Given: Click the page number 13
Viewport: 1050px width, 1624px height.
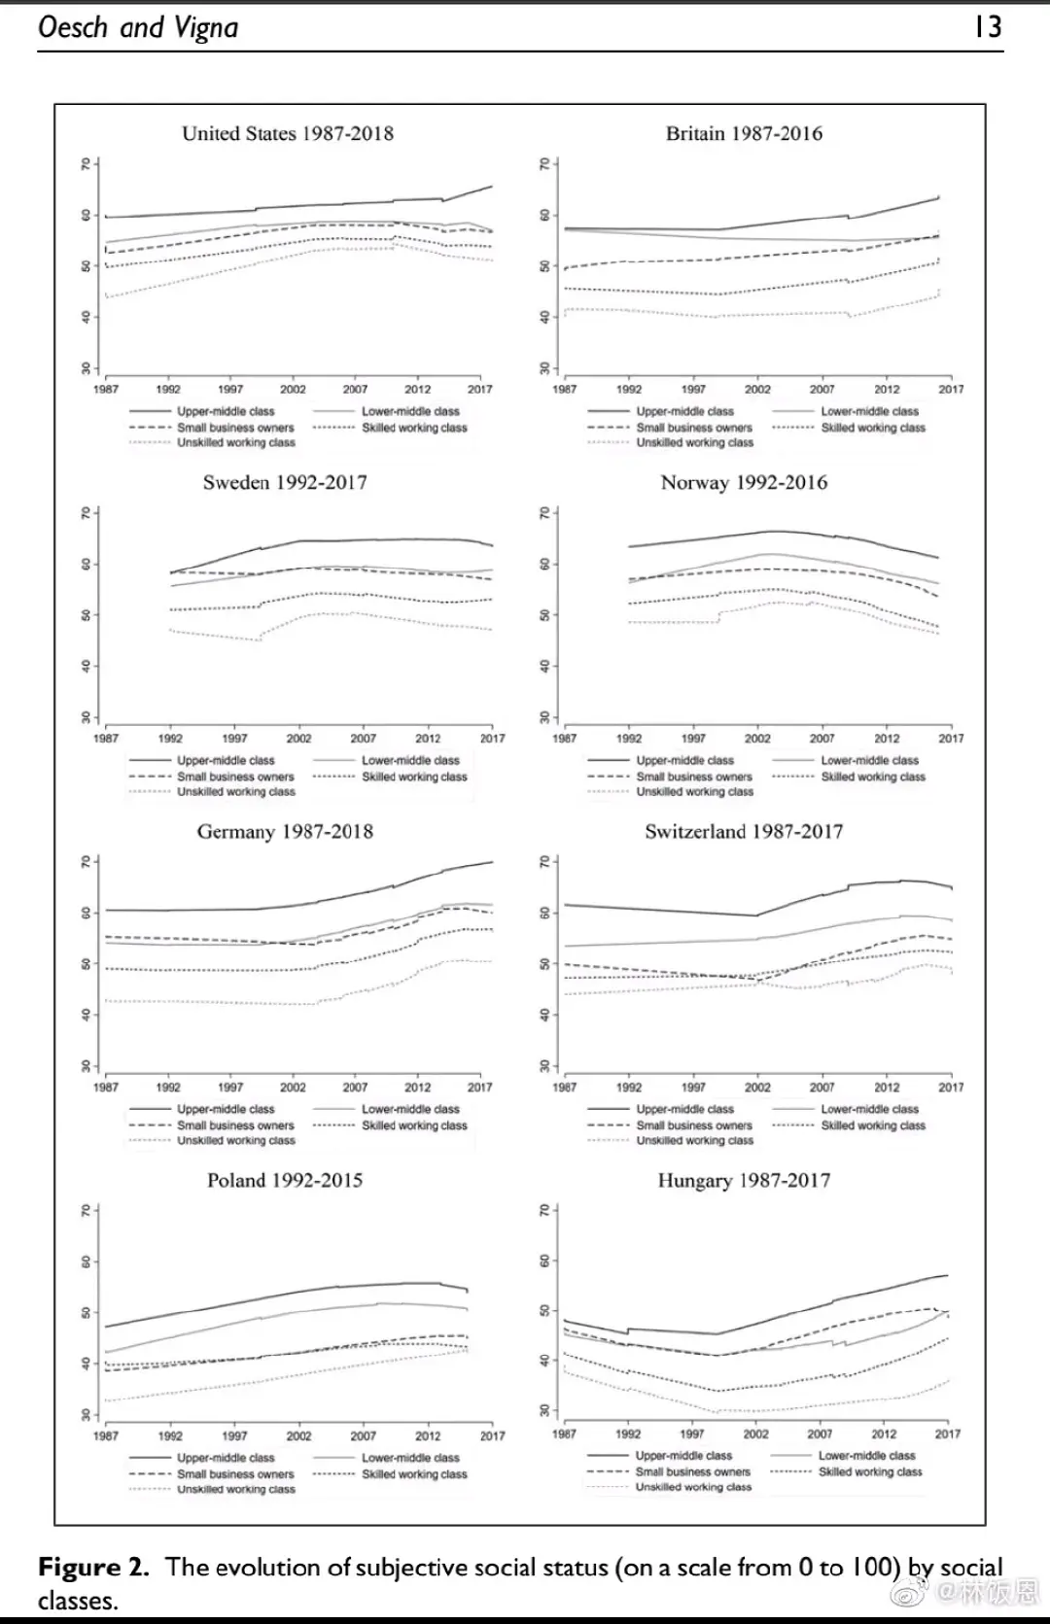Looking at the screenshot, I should click(988, 26).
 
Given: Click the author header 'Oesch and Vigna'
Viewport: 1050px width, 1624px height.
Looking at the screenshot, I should click(138, 27).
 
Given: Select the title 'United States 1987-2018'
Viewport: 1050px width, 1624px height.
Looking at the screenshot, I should click(288, 134).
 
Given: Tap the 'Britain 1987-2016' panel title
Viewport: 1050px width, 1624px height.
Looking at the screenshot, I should click(744, 134).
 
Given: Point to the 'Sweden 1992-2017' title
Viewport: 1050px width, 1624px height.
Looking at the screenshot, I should click(285, 483).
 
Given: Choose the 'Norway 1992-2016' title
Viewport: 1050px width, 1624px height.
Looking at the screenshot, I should click(744, 483).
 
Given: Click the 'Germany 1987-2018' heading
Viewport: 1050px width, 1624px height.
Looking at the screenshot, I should click(285, 832).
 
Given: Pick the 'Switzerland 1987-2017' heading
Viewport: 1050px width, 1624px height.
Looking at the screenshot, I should click(744, 832).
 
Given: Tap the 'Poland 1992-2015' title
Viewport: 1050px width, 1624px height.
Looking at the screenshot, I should click(285, 1181).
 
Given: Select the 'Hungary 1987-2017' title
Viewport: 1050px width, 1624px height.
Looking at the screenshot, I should click(744, 1181).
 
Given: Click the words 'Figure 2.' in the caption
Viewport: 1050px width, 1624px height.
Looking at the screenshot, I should click(93, 1567).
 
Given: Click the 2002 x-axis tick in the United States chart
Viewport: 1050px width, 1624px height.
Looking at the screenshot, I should click(293, 390).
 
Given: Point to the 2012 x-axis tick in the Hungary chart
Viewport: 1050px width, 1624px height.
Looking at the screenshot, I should click(884, 1434).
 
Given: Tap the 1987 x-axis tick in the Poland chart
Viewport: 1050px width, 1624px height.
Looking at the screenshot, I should click(105, 1435).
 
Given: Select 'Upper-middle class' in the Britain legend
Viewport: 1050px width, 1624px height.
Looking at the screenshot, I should click(684, 412).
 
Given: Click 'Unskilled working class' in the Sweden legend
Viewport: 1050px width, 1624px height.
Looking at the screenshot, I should click(235, 792).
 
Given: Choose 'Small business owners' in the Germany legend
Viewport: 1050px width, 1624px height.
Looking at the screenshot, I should click(235, 1125).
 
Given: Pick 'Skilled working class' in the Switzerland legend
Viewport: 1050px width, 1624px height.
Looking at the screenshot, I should click(873, 1125).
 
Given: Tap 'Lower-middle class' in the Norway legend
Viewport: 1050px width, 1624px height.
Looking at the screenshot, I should click(869, 761).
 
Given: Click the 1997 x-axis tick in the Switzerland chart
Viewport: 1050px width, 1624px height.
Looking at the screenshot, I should click(693, 1088).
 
